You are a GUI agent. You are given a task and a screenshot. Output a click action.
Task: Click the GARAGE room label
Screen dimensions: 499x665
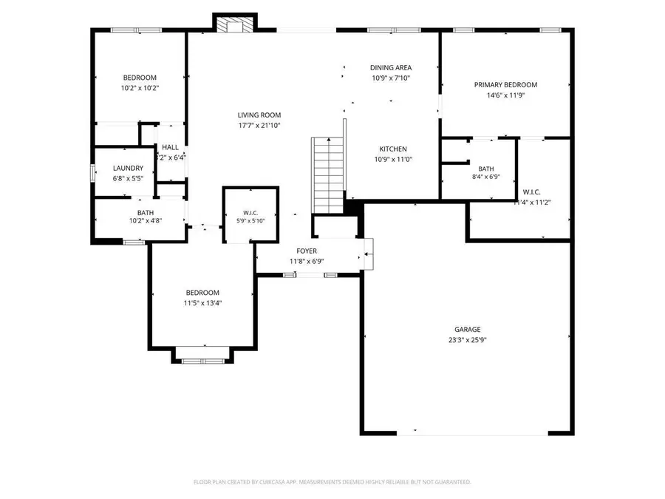tap(467, 330)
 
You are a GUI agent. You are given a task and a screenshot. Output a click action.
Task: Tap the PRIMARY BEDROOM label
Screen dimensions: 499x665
tap(505, 85)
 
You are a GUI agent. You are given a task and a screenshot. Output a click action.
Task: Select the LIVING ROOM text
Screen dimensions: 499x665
tap(259, 115)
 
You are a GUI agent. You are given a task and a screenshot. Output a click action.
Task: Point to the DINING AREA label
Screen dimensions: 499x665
tap(390, 68)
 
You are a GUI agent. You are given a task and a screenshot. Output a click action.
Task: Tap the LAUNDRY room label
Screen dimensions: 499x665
tap(128, 169)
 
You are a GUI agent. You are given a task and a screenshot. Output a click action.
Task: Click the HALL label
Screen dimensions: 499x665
tap(170, 148)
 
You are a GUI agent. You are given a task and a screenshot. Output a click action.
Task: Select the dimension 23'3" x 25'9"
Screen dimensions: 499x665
tap(467, 340)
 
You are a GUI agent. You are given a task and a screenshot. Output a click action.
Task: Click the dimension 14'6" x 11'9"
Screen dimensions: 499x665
tap(505, 95)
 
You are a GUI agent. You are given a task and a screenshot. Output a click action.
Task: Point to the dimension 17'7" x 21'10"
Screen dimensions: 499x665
tap(259, 126)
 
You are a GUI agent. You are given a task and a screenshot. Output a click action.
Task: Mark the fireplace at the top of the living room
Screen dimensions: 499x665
tap(233, 24)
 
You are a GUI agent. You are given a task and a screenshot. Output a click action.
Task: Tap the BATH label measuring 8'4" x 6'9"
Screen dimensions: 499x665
tap(485, 169)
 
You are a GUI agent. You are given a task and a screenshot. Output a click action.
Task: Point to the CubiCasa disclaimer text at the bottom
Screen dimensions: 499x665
tap(332, 482)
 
